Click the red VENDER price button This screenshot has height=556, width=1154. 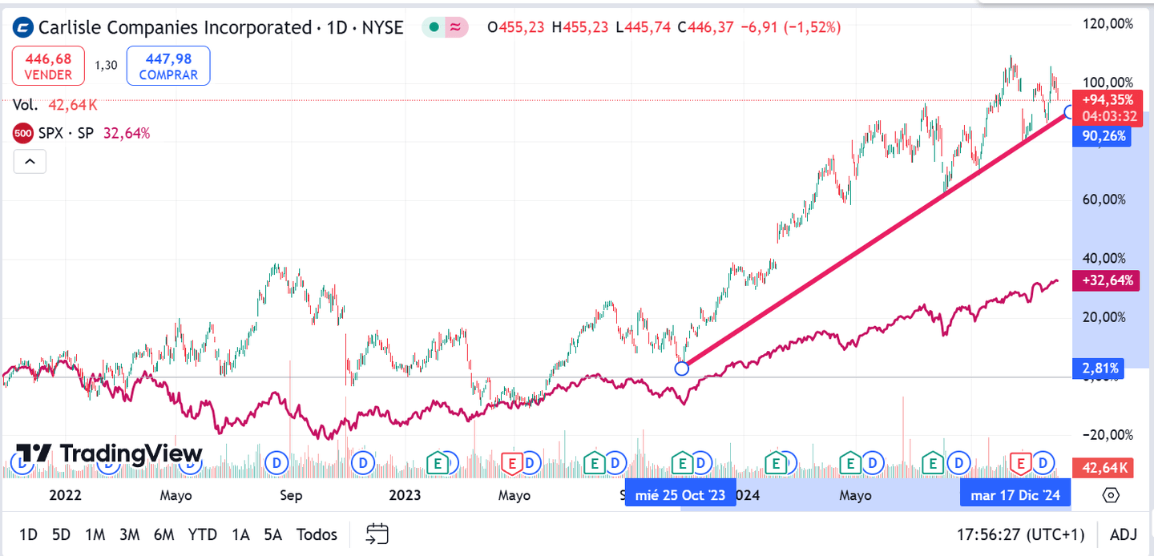[x=48, y=66]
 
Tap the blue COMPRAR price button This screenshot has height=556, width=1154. [x=168, y=66]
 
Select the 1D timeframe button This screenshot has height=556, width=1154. [x=28, y=534]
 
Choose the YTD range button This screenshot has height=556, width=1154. [x=203, y=534]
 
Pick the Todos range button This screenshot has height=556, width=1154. [x=317, y=534]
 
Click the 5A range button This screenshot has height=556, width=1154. [x=273, y=534]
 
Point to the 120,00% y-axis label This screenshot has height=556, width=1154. [x=1108, y=24]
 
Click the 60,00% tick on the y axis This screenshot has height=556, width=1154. [x=1108, y=199]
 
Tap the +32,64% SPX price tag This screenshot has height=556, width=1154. [x=1107, y=280]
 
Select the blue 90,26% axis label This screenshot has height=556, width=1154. [x=1103, y=136]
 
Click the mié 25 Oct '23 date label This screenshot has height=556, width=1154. [x=680, y=495]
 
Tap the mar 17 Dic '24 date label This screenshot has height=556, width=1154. [x=1015, y=495]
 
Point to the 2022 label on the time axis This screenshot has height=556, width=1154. [x=65, y=495]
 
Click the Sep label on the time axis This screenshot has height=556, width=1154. [x=291, y=495]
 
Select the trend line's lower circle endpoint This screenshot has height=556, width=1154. [x=681, y=369]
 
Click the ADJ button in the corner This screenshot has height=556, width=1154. [x=1123, y=534]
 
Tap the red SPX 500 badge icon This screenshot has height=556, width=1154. [x=23, y=133]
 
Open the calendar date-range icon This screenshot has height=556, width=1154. [x=377, y=534]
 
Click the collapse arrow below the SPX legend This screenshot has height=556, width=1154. [x=30, y=162]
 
